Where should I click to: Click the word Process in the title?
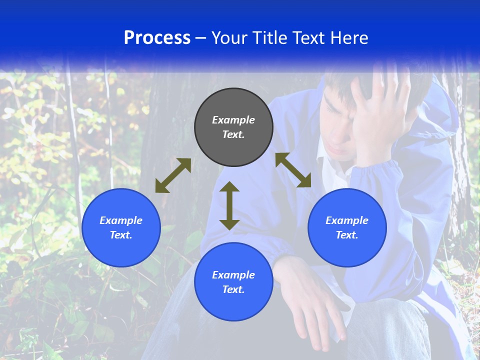[x=157, y=37]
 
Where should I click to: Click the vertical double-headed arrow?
[x=229, y=206]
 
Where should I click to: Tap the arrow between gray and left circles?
[x=173, y=175]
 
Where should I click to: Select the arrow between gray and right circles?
[x=293, y=170]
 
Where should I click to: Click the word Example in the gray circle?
[x=233, y=120]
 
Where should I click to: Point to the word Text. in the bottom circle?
[x=233, y=289]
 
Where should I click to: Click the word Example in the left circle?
[x=121, y=220]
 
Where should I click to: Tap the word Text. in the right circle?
[x=347, y=235]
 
